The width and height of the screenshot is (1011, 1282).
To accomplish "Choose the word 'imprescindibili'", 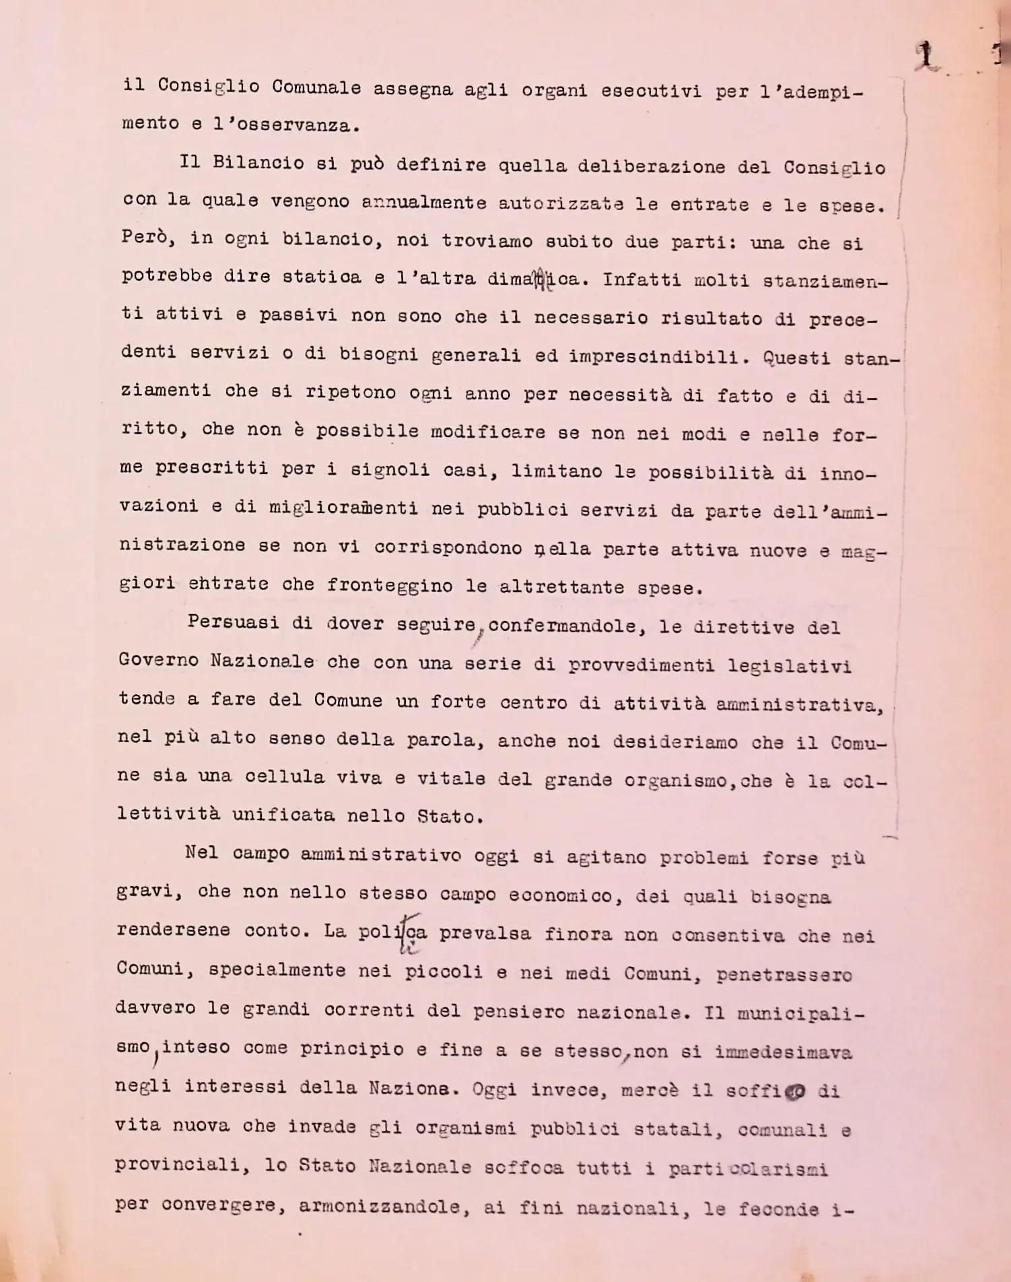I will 659,356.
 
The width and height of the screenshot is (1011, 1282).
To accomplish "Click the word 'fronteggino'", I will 390,585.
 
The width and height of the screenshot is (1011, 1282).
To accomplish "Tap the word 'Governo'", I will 158,659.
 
